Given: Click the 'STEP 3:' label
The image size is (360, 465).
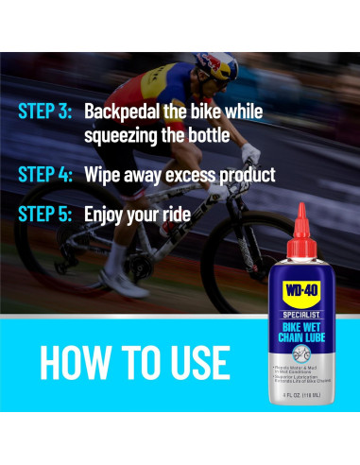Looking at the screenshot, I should click(44, 111).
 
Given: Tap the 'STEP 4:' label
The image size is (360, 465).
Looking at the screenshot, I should click(44, 175).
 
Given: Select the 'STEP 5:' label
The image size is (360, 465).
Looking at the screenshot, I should click(44, 215).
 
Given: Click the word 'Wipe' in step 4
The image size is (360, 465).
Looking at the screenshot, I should click(104, 175).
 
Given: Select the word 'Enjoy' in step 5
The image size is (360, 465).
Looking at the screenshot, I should click(107, 215).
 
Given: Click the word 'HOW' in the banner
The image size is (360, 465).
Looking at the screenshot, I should click(74, 362).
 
